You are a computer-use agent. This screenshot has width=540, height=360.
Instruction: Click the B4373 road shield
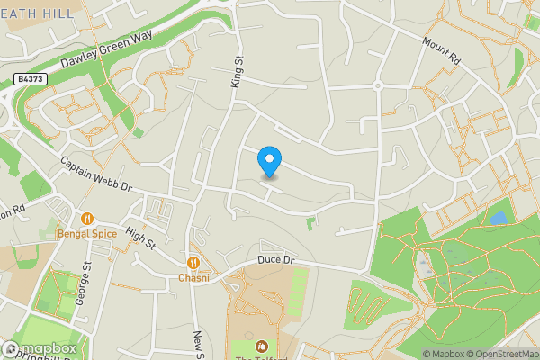pos(30,80)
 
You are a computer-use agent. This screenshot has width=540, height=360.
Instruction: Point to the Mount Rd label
pos(441,50)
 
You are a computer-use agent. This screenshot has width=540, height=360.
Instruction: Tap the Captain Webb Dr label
pos(96,175)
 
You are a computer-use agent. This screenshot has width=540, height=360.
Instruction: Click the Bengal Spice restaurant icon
pos(87,218)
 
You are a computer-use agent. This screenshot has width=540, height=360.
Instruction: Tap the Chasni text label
pos(193,277)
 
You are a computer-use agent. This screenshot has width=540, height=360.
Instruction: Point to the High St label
pos(140,238)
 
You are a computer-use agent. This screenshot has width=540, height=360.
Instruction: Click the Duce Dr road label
pos(275,259)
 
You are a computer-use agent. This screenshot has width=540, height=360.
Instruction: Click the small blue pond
pos(498,219)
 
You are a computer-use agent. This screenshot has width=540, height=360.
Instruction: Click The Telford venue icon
pos(262,346)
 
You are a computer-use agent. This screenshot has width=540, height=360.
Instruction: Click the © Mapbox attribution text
pos(447,354)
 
